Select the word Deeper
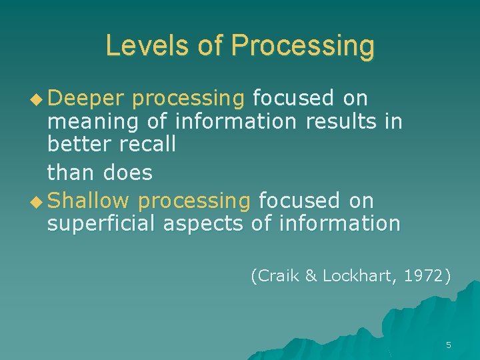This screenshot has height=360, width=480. [86, 98]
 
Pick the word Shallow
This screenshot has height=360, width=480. [89, 201]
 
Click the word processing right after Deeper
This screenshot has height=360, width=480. [189, 99]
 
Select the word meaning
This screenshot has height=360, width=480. [87, 122]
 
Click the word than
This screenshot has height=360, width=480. [71, 173]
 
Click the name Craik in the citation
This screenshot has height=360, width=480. [276, 275]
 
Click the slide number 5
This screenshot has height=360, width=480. [448, 345]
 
